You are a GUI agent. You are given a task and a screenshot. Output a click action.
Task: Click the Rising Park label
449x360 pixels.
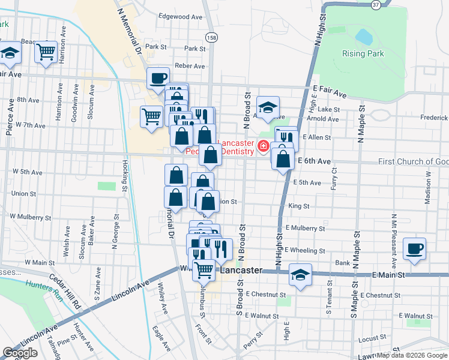(362, 53)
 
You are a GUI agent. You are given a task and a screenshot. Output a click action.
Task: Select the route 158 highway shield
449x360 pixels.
(211, 38)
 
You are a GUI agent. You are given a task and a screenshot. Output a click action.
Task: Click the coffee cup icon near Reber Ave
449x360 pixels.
(158, 78)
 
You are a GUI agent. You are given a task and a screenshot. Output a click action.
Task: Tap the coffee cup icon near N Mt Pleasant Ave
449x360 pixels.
(414, 248)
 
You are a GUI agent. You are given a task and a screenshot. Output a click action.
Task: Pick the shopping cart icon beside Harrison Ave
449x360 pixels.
(46, 52)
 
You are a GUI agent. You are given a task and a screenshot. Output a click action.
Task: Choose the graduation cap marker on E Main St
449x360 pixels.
(300, 274)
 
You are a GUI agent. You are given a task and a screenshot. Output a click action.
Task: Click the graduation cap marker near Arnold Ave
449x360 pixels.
(268, 107)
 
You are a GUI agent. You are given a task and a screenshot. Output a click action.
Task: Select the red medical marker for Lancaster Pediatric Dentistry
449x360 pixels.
(262, 146)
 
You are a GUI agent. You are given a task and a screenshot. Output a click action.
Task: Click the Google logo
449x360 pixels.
(20, 353)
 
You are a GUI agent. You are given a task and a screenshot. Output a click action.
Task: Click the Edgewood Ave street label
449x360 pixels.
(180, 17)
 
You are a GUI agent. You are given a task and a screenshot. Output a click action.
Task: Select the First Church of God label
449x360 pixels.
(413, 162)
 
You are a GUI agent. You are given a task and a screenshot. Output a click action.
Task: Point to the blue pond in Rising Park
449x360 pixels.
(364, 37)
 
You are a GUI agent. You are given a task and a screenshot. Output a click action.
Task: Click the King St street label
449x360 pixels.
(298, 206)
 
